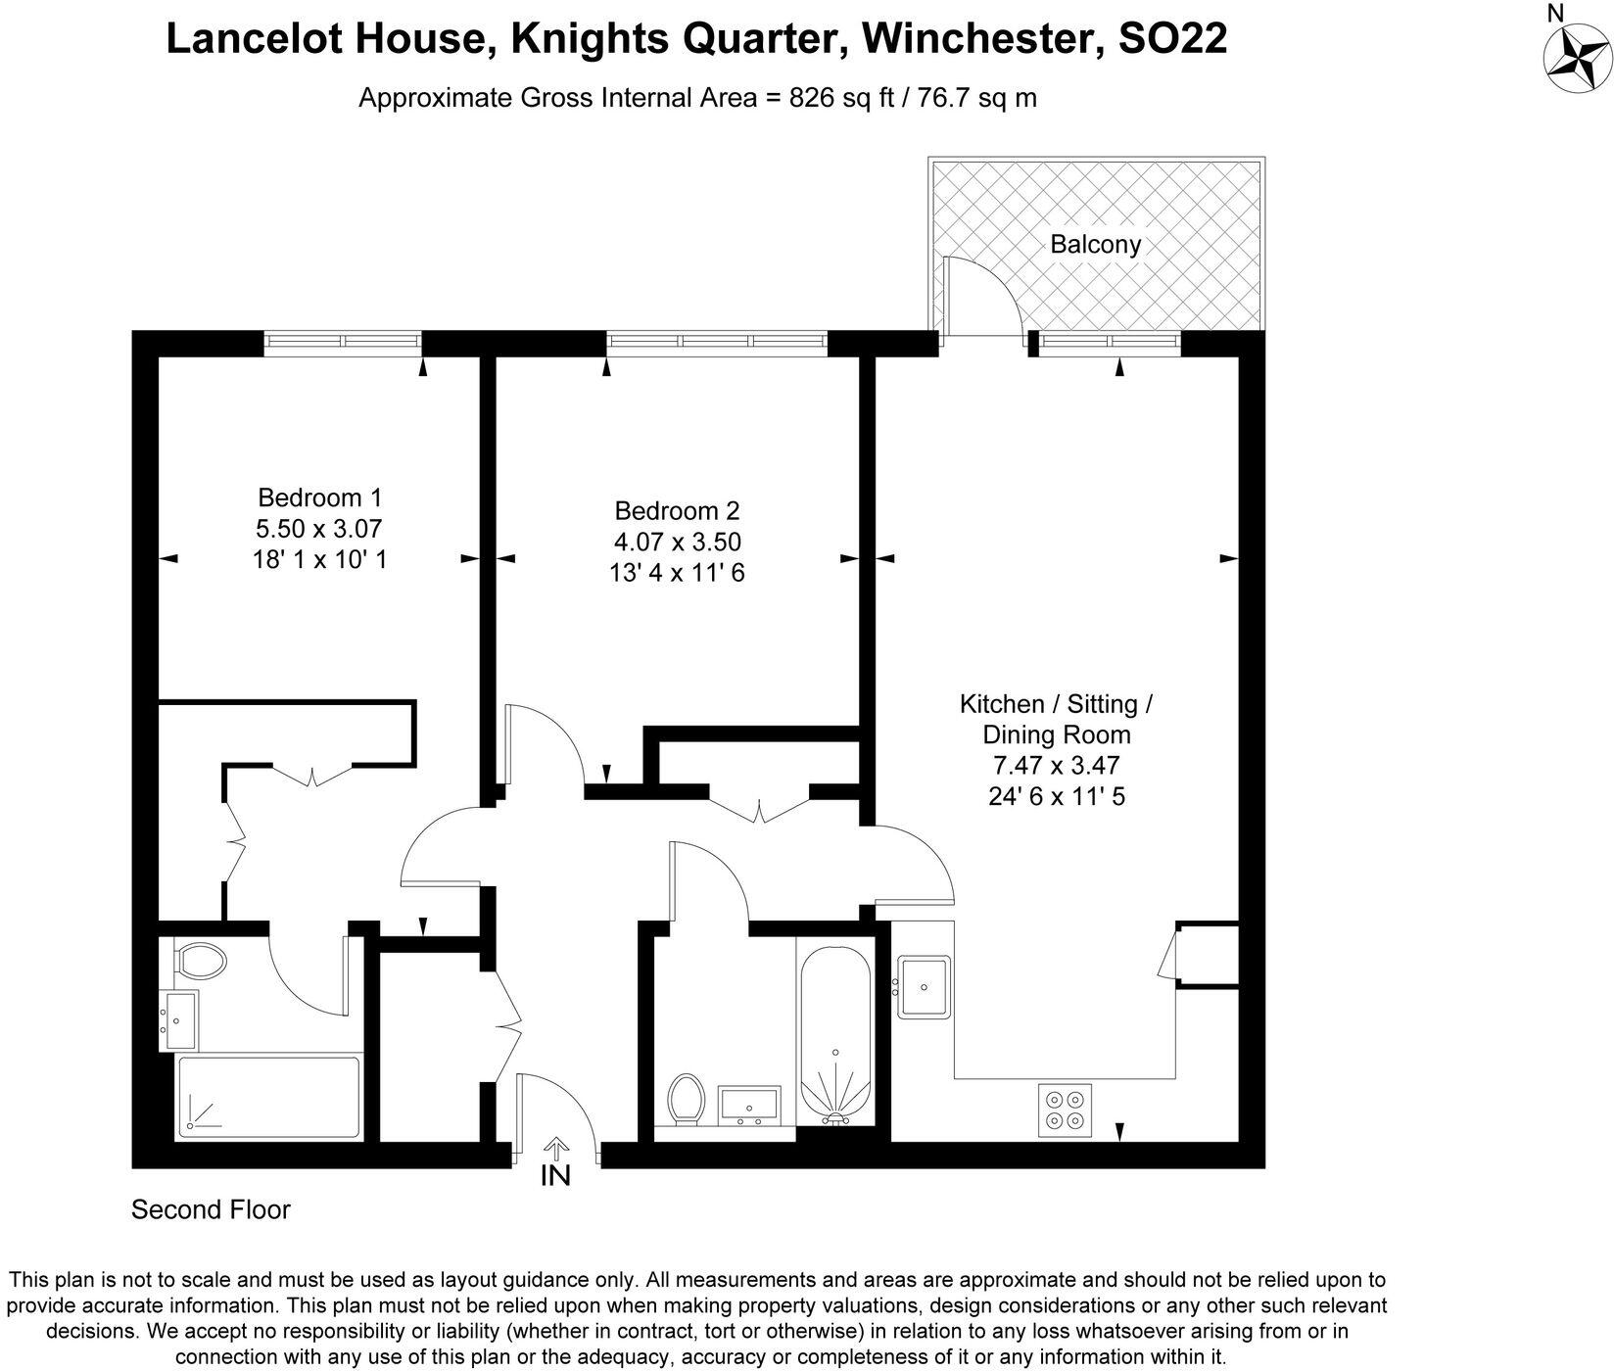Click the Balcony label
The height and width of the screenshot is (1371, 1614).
(x=1095, y=244)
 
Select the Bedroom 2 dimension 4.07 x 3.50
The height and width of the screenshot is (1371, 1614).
(x=676, y=542)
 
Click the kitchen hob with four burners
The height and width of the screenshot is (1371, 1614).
(x=1065, y=1110)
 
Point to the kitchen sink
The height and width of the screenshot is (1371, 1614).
(x=922, y=987)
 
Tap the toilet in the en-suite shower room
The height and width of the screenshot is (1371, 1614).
(x=200, y=960)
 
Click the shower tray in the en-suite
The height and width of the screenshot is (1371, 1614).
(x=268, y=1097)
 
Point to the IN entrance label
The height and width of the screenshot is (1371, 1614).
(x=555, y=1176)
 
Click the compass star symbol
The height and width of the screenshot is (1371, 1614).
(x=1576, y=58)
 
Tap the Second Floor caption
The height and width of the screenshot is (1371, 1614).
(x=211, y=1210)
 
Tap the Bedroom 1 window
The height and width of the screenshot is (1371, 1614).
(x=343, y=341)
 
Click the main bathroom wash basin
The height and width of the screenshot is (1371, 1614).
(x=749, y=1105)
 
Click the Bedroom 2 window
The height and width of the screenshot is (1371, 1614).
(x=717, y=341)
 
